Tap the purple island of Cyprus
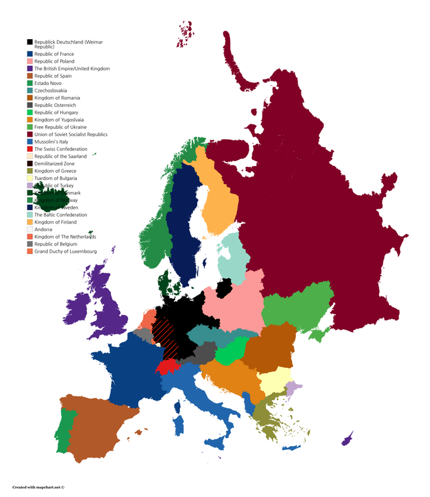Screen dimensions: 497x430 346,439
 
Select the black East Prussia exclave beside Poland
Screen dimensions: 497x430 225,288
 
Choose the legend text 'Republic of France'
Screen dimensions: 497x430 54,54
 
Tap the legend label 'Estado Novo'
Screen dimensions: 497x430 48,83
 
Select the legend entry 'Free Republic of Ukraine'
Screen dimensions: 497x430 60,127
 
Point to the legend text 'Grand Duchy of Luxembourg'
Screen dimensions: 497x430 66,251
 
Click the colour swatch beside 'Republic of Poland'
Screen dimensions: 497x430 30,62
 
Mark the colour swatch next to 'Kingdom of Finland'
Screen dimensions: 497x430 30,222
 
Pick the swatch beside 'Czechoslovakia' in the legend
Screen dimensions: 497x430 30,91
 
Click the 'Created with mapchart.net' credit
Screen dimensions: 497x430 38,488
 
